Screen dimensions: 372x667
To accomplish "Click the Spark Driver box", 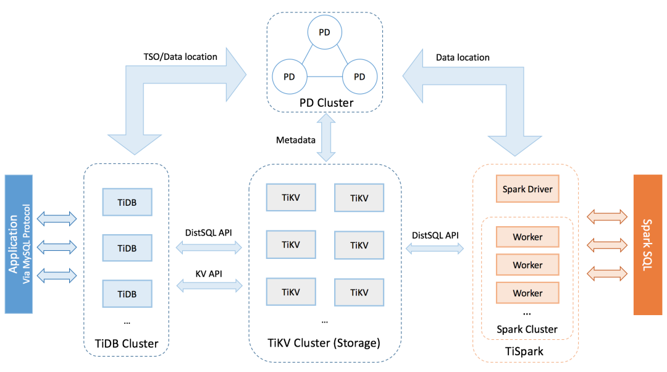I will tap(527, 189).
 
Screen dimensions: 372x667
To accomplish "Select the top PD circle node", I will tap(324, 32).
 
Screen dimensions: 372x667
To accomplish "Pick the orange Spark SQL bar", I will tap(647, 244).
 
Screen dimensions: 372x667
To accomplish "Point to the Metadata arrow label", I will tap(295, 140).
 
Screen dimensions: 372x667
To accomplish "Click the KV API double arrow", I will tap(210, 285).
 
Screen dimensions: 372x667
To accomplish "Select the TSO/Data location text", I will tap(180, 57).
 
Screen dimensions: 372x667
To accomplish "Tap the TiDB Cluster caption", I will tap(127, 344).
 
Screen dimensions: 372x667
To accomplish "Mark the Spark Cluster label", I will tap(527, 329).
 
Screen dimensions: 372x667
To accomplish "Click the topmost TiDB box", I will tap(127, 201).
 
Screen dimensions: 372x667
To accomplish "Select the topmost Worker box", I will tap(527, 237).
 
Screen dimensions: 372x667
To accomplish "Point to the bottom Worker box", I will tap(527, 293).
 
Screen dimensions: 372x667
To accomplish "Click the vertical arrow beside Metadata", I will tap(325, 140).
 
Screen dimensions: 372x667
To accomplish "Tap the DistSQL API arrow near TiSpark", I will tap(435, 248).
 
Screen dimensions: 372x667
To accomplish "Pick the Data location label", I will tap(463, 57).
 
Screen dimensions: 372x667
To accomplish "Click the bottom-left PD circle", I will tap(288, 77).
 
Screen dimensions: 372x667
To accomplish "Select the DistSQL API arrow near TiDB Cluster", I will tap(210, 248).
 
